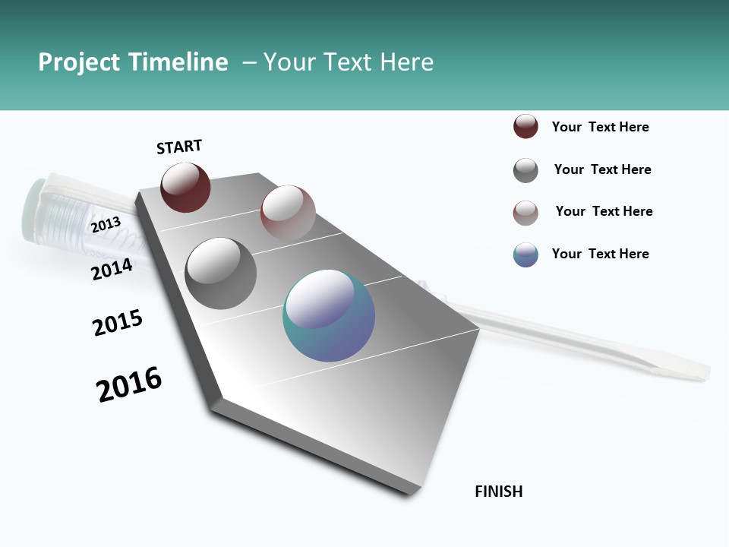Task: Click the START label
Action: click(179, 147)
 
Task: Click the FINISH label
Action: click(498, 492)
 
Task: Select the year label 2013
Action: click(106, 225)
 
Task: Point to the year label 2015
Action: click(118, 323)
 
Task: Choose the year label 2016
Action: click(129, 384)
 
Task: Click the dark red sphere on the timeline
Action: click(185, 187)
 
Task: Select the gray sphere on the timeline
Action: click(220, 273)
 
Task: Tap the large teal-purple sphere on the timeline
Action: click(329, 315)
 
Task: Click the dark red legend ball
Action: click(525, 127)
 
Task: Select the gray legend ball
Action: click(525, 170)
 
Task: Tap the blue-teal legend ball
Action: click(525, 255)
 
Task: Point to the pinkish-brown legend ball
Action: click(525, 213)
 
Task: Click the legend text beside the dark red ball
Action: click(600, 127)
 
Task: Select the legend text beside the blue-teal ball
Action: click(600, 254)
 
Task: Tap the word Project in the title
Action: click(79, 62)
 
